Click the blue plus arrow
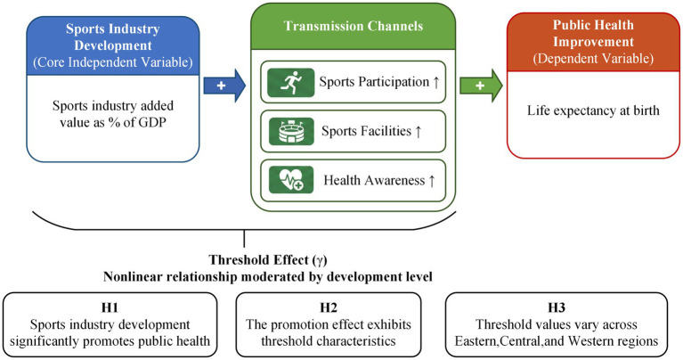[x=224, y=86]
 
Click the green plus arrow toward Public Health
[x=482, y=86]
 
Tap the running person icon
[x=290, y=82]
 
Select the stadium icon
[x=290, y=131]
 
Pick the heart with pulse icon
[x=290, y=180]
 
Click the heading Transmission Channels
[x=354, y=26]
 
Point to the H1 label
[x=110, y=307]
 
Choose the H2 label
[x=329, y=307]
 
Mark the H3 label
[x=557, y=307]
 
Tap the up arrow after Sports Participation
[x=436, y=82]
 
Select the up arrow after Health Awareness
[x=432, y=180]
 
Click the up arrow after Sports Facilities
[x=419, y=131]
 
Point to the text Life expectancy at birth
[x=593, y=110]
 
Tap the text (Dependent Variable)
[x=593, y=59]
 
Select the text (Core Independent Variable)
[x=113, y=62]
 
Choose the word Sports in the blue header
[x=85, y=29]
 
